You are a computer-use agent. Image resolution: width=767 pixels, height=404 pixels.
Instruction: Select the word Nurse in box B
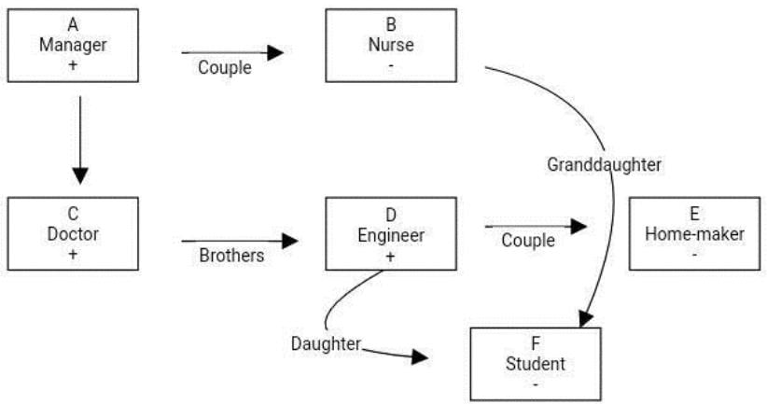tap(391, 43)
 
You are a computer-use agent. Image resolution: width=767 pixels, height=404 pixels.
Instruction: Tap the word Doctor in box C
tap(73, 234)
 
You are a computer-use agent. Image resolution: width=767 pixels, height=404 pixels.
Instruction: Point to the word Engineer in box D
tap(391, 234)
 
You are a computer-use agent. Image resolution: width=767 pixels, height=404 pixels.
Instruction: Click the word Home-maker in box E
tap(695, 234)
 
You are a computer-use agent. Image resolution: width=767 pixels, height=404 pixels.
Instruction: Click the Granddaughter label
tap(604, 164)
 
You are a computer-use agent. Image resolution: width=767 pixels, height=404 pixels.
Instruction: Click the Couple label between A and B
tap(224, 66)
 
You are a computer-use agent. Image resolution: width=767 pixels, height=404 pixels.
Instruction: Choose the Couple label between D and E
tap(528, 240)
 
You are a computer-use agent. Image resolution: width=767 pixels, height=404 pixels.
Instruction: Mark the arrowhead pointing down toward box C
tap(80, 174)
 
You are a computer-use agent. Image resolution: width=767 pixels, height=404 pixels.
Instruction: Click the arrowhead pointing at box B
tap(274, 53)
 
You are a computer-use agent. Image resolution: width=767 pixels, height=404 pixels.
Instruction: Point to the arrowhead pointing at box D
tap(290, 242)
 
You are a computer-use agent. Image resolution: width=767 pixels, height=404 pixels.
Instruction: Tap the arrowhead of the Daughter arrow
tap(422, 356)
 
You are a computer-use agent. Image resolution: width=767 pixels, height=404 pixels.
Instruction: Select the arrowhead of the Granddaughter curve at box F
tap(585, 319)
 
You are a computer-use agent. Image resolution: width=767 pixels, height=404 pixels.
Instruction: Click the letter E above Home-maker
tap(695, 214)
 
